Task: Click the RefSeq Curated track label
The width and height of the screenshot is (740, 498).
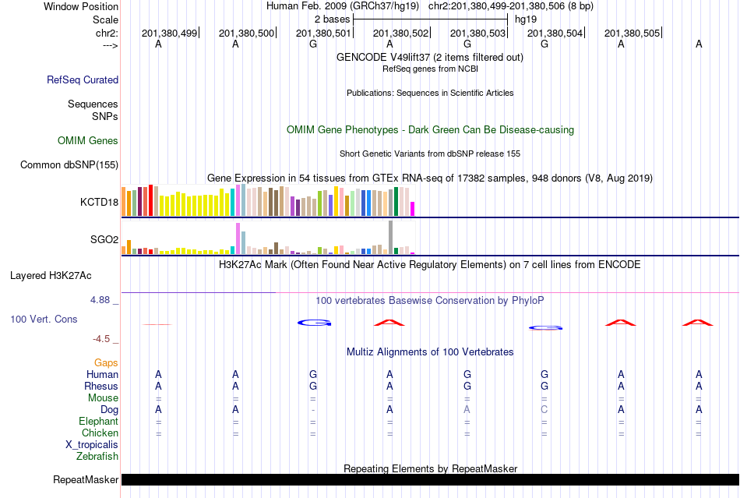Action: coord(83,79)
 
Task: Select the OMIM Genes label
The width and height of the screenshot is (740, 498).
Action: coord(88,141)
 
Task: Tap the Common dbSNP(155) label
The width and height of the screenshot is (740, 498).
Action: coord(69,164)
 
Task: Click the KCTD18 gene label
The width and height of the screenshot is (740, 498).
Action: coord(99,203)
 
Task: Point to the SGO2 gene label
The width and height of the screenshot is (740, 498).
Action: coord(104,240)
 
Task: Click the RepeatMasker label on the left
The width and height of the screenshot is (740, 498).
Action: coord(86,479)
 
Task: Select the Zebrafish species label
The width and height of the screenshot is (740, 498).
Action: coord(97,456)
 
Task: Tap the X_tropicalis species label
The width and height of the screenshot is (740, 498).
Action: coord(92,444)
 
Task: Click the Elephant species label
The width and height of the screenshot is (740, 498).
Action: coord(98,421)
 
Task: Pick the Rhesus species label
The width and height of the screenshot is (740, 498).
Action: coord(101,386)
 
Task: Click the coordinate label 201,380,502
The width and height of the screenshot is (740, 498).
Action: coord(401,34)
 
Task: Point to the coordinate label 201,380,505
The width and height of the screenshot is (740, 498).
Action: coord(632,34)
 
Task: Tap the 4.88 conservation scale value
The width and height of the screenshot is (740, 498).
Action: coord(104,299)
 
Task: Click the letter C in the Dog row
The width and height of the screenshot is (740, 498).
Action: coord(544,409)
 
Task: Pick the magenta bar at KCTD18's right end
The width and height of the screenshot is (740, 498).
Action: coord(413,209)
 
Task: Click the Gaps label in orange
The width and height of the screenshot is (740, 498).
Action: coord(106,362)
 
